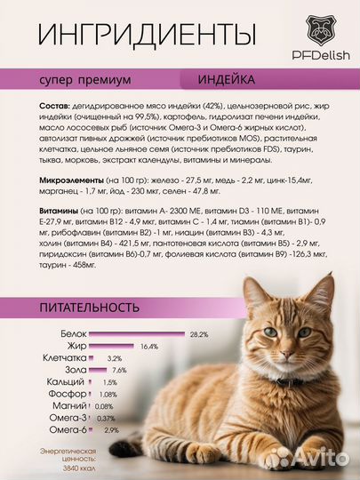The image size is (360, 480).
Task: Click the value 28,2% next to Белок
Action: [198, 334]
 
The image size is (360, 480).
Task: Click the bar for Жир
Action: [113, 346]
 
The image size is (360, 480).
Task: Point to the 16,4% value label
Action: [148, 347]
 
